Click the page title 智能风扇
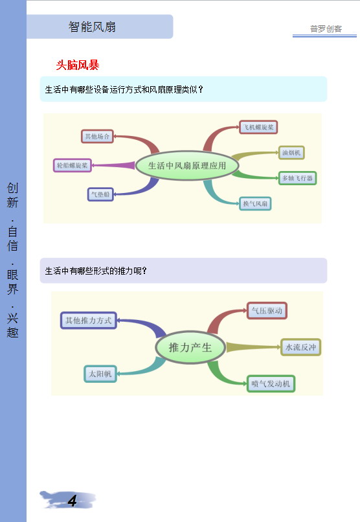pos(92,27)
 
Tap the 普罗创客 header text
pos(326,29)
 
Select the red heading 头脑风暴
pos(78,65)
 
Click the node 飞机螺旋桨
pos(258,127)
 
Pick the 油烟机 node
pos(291,153)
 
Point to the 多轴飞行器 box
pos(297,178)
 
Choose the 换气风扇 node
pos(255,203)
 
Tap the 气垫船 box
pos(100,194)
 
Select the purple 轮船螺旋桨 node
pos(73,165)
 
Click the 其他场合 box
pos(97,136)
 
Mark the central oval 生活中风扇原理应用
pos(187,166)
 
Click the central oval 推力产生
pos(190,348)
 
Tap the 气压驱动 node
pos(267,311)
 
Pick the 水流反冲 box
pos(301,347)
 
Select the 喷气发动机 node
pos(271,383)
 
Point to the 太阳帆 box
pos(100,374)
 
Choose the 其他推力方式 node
pos(89,321)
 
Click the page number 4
pos(73,501)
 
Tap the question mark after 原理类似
pos(200,89)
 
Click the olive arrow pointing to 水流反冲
pos(254,347)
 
